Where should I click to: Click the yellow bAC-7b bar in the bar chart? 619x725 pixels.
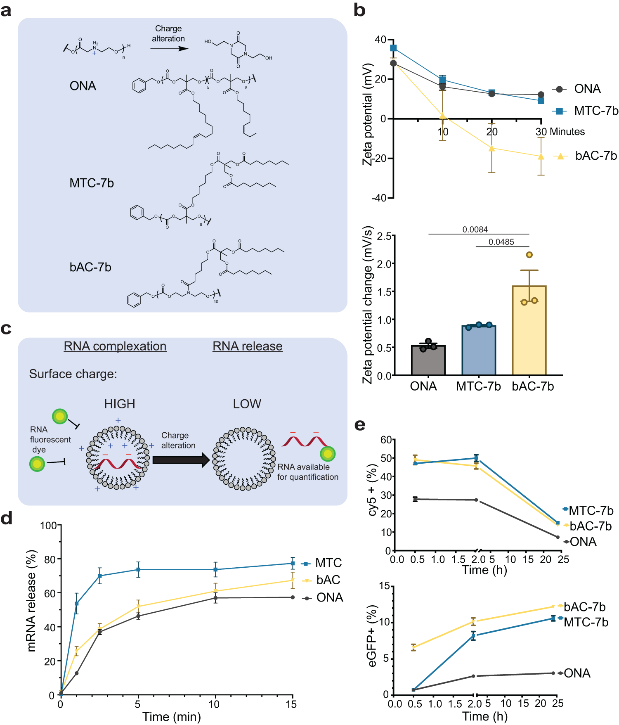[x=529, y=330]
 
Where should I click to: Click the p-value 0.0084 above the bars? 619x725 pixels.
[x=475, y=230]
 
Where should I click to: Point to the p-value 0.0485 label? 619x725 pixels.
[x=501, y=242]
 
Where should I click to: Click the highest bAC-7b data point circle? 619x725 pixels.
[x=529, y=255]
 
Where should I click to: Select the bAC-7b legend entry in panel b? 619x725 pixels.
[x=595, y=156]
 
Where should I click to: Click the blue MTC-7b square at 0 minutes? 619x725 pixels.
[x=393, y=48]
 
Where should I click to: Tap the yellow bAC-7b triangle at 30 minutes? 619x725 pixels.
[x=541, y=156]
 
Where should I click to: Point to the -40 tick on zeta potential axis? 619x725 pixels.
[x=380, y=198]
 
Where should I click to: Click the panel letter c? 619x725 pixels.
[x=6, y=329]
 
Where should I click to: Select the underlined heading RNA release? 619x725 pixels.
[x=247, y=346]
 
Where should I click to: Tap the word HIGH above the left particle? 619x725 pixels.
[x=120, y=404]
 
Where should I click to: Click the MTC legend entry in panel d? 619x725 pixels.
[x=328, y=563]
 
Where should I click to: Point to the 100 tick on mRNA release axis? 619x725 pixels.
[x=49, y=526]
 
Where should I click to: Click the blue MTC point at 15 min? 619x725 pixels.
[x=293, y=563]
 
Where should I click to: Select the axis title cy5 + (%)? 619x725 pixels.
[x=373, y=490]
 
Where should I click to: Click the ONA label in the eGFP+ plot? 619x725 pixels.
[x=577, y=673]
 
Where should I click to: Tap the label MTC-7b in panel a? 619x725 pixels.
[x=92, y=183]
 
